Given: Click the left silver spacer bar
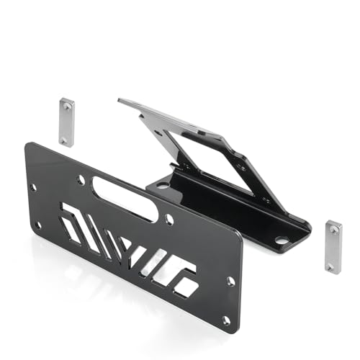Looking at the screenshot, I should pos(66,122).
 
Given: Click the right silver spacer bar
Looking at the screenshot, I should pos(333,246).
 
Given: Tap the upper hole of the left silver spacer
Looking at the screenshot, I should pos(66,106).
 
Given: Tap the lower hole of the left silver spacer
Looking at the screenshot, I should pos(67,138).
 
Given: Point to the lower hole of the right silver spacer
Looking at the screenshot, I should pos(333,264).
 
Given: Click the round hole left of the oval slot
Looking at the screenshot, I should pos(81,179).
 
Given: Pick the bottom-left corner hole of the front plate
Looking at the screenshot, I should pos(37,225).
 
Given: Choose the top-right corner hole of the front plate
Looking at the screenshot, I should pos(231,281).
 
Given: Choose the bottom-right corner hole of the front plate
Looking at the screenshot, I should pos(226,319).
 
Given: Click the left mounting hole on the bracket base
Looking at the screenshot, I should pos(163,185).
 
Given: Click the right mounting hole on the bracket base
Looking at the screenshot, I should pos(281,239).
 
